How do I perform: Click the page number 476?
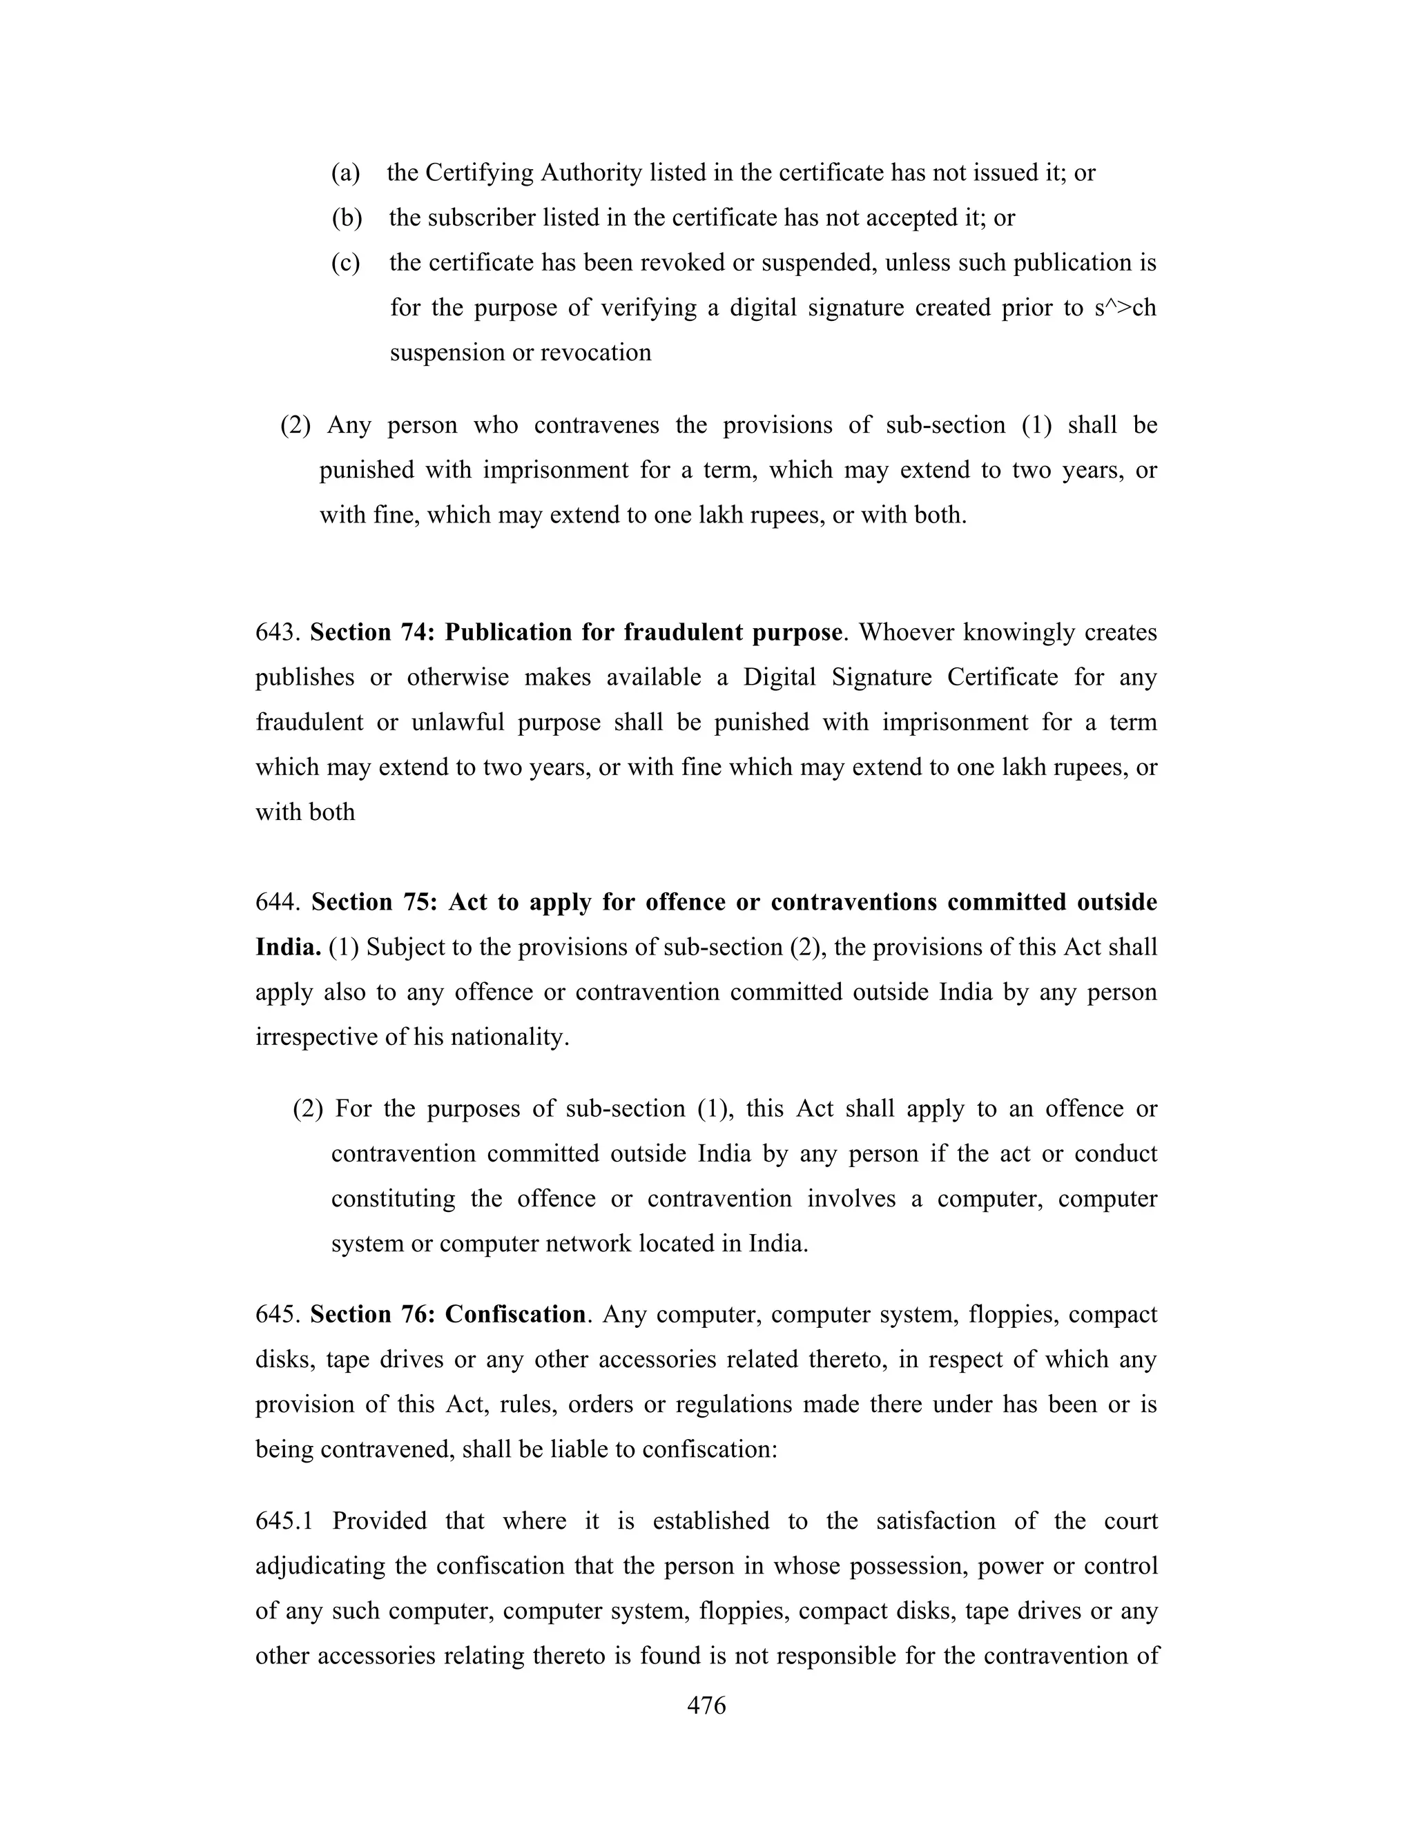click(706, 1705)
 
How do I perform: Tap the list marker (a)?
click(345, 173)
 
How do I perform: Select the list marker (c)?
click(345, 263)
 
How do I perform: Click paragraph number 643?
click(278, 632)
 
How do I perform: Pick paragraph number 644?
click(278, 902)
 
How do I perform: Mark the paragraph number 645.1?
click(284, 1520)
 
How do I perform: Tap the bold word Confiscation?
click(515, 1314)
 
